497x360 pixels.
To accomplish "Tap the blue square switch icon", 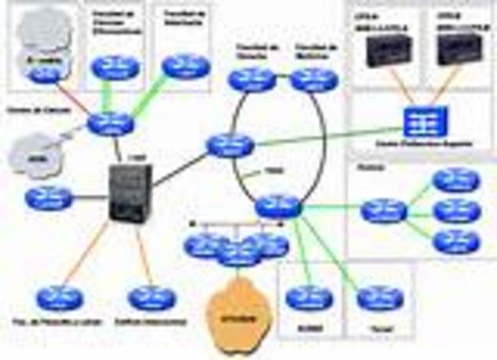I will [422, 122].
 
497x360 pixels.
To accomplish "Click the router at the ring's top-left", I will [252, 79].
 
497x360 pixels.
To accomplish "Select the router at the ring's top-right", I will [315, 79].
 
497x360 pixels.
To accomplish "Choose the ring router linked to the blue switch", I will [231, 145].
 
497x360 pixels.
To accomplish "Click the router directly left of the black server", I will [48, 198].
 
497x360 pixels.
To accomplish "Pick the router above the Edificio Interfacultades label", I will [151, 298].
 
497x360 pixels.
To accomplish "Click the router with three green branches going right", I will [384, 209].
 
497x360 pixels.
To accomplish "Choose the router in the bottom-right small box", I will [380, 298].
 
